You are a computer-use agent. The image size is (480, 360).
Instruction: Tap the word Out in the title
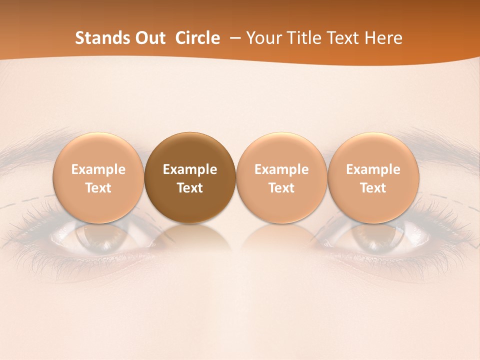[x=149, y=38]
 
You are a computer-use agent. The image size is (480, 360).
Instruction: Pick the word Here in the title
[x=383, y=38]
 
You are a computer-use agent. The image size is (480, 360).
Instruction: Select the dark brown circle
[x=190, y=178]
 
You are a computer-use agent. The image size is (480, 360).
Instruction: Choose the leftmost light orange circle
[x=98, y=178]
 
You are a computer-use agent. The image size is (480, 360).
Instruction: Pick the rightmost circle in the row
[x=373, y=178]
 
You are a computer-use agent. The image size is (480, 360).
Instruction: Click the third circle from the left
[x=281, y=178]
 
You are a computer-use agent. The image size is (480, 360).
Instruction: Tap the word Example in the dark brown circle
[x=190, y=169]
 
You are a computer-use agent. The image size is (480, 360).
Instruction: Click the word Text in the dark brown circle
[x=190, y=188]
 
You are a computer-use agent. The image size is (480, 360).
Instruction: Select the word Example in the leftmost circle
[x=98, y=169]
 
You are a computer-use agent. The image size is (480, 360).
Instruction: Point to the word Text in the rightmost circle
[x=373, y=188]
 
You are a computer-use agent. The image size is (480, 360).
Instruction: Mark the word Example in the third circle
[x=281, y=169]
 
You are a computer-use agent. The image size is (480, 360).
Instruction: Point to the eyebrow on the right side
[x=440, y=142]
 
